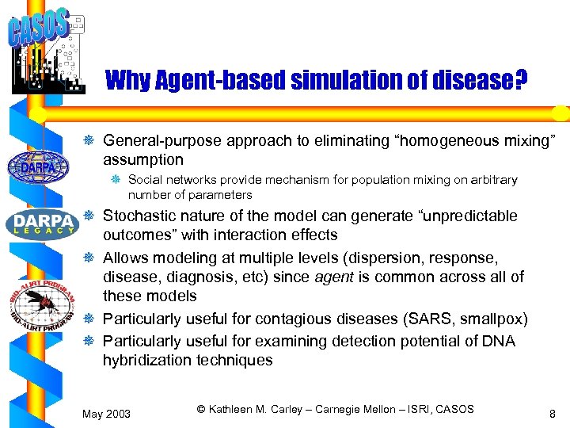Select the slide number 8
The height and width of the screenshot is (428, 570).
[x=551, y=412]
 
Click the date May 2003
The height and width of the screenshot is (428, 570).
[x=107, y=413]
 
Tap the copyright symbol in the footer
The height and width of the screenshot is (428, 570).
[x=201, y=409]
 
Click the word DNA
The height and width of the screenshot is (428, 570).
[x=500, y=341]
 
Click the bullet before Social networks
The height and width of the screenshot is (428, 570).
[x=116, y=180]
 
